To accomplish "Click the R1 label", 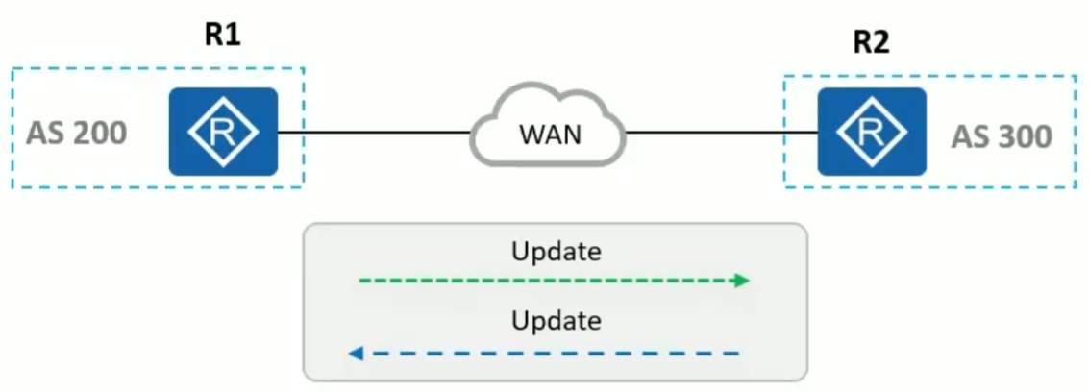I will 222,36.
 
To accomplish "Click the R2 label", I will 871,43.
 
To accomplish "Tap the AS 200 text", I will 77,133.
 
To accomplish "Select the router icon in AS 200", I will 223,132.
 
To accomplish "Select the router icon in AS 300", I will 872,132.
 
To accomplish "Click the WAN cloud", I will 549,132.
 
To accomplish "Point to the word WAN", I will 550,135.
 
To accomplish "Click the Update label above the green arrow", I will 557,253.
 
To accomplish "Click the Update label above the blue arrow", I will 557,319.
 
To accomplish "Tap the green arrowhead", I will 741,281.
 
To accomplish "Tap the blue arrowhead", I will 355,354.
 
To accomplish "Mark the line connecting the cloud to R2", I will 721,132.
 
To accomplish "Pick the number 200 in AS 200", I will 95,133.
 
